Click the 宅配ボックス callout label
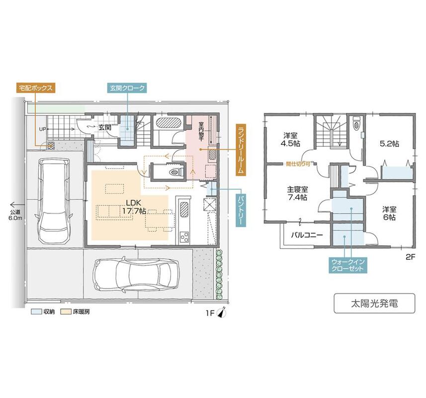[36, 88]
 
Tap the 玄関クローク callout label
[127, 88]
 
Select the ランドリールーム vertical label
[241, 150]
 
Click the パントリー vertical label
[241, 210]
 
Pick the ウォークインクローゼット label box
[348, 265]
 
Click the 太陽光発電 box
[374, 303]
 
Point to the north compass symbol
[222, 312]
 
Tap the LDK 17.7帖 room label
[133, 206]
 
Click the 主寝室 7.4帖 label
[297, 193]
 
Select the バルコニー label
[307, 235]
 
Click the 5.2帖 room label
[389, 144]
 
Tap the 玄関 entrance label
[104, 127]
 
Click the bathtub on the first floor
[169, 122]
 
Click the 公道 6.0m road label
[15, 215]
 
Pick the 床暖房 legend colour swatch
[66, 311]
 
